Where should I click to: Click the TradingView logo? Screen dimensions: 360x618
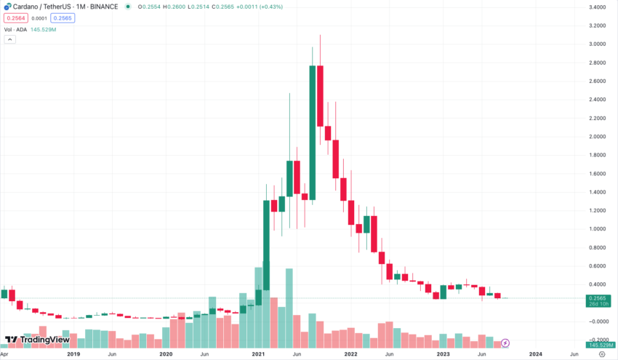pyautogui.click(x=37, y=340)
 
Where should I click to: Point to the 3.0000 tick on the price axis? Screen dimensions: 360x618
pyautogui.click(x=595, y=44)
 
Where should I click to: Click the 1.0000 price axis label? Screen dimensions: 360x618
pyautogui.click(x=595, y=229)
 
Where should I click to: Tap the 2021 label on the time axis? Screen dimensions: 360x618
pyautogui.click(x=258, y=353)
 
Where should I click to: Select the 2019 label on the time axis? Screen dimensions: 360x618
pyautogui.click(x=73, y=353)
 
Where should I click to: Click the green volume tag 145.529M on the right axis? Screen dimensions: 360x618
pyautogui.click(x=595, y=344)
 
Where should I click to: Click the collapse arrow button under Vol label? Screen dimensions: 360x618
pyautogui.click(x=9, y=39)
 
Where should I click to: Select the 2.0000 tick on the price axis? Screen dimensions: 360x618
pyautogui.click(x=595, y=137)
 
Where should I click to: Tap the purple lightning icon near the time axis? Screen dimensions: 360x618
pyautogui.click(x=505, y=342)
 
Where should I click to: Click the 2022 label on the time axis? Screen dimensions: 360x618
pyautogui.click(x=350, y=353)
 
